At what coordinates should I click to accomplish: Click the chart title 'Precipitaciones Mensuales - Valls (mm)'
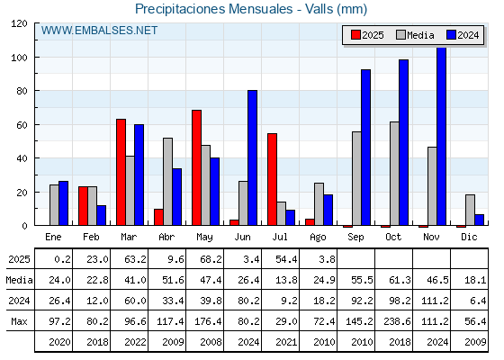tap(251, 9)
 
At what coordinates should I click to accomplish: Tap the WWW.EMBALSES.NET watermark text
tap(99, 31)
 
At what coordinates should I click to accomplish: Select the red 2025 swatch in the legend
tap(355, 35)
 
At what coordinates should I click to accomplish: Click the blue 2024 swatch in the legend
tap(451, 35)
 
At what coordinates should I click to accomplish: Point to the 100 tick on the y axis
tap(19, 58)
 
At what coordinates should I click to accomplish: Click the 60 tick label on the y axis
tap(22, 125)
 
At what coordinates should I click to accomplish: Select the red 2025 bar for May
tap(197, 167)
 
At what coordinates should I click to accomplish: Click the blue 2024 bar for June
tap(252, 157)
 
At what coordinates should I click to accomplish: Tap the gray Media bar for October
tap(394, 174)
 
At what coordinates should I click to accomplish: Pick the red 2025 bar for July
tap(272, 179)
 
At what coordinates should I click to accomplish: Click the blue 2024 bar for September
tap(365, 148)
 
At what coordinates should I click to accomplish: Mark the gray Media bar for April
tap(167, 182)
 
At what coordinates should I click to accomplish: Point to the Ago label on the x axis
tap(318, 238)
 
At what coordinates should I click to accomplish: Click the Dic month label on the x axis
tap(469, 237)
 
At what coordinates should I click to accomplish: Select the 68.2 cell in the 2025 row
tap(211, 259)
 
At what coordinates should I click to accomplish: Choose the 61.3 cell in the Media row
tap(400, 280)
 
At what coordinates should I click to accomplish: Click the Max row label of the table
tap(19, 321)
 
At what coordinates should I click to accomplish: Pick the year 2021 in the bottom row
tap(286, 342)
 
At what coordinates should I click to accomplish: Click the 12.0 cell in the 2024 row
tap(97, 301)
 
